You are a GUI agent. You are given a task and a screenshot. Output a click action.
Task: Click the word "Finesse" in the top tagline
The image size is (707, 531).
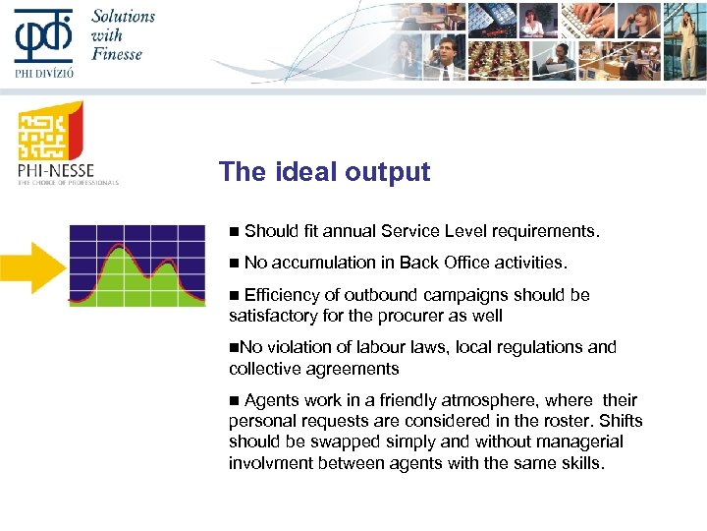click(x=117, y=53)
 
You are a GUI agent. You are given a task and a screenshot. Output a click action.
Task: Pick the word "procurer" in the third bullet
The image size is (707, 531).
click(x=401, y=316)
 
